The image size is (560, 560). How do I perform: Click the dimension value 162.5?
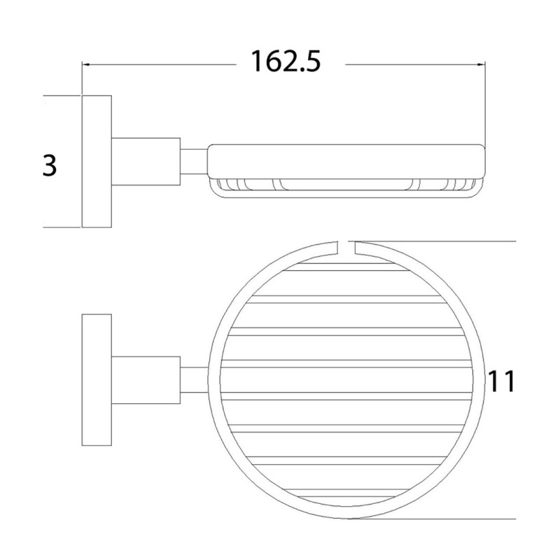[286, 62]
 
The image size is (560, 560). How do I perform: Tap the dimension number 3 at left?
[48, 167]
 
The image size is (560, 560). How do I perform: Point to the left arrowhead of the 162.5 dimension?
[87, 65]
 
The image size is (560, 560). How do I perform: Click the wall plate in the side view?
[97, 160]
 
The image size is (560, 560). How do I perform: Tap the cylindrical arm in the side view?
[146, 160]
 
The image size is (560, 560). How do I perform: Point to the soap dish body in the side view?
[346, 160]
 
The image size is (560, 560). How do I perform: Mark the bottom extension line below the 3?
[62, 227]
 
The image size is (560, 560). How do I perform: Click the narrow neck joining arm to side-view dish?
[194, 160]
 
